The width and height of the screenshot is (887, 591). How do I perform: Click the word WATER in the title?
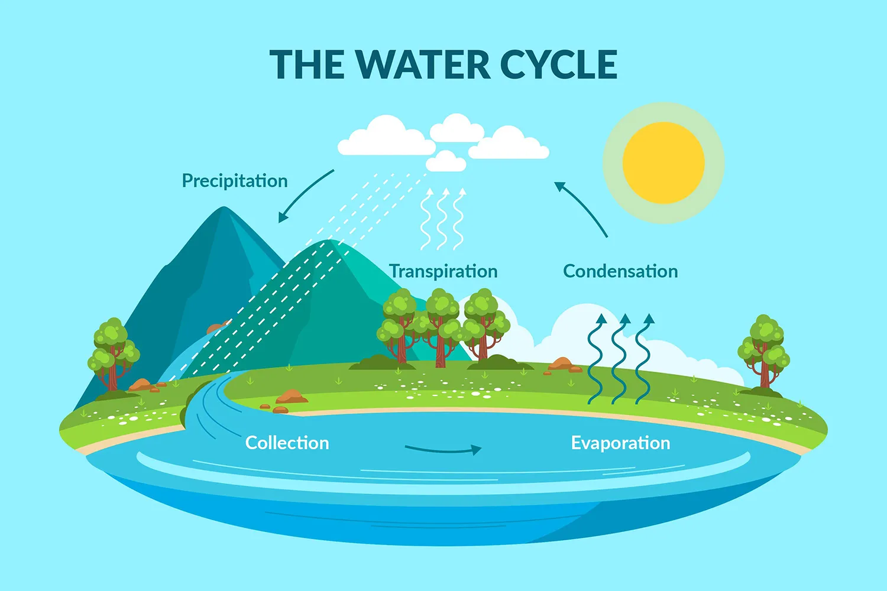[x=422, y=64]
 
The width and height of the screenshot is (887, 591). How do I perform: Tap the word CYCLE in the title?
[x=558, y=64]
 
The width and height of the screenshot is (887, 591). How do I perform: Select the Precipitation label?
[x=235, y=181]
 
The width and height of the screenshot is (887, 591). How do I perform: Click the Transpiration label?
[x=444, y=271]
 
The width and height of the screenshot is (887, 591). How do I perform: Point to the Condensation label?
[x=620, y=271]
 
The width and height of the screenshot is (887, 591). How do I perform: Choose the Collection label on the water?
[x=287, y=443]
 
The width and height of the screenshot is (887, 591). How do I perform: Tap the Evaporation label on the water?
[x=620, y=443]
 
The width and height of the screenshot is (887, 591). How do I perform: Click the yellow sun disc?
[x=663, y=163]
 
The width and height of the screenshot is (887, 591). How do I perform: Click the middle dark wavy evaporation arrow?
[x=619, y=361]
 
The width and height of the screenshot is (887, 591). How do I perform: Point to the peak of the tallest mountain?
[x=224, y=209]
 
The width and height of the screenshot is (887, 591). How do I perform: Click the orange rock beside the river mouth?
[x=291, y=397]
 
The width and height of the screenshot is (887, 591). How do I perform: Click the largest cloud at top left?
[x=386, y=138]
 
